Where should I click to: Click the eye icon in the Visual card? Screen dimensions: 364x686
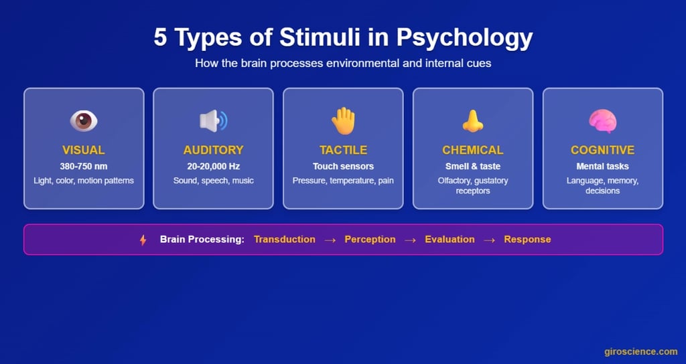[84, 120]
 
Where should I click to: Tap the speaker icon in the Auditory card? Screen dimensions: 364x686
[213, 120]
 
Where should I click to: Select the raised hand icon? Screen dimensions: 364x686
[343, 120]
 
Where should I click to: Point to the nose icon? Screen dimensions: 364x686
[472, 120]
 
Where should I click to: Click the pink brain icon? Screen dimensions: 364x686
[602, 120]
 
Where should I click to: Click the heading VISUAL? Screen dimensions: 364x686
[84, 150]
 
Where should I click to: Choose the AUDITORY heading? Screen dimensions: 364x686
[213, 150]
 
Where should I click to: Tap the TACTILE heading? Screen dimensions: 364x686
[343, 150]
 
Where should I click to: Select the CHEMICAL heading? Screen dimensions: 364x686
[472, 150]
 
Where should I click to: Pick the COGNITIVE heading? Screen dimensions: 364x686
[602, 150]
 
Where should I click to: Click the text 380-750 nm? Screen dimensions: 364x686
[84, 167]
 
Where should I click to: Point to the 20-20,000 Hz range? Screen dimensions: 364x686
[213, 167]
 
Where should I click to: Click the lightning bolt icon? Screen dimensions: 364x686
[143, 240]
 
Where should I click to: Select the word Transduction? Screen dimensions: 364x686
[284, 240]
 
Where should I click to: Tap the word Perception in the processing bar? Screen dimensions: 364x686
[370, 240]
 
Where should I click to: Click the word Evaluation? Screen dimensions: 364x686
[450, 240]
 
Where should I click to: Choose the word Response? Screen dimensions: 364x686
[527, 240]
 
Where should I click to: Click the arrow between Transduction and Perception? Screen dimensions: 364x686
[330, 240]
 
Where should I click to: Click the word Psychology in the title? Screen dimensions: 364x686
[464, 38]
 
